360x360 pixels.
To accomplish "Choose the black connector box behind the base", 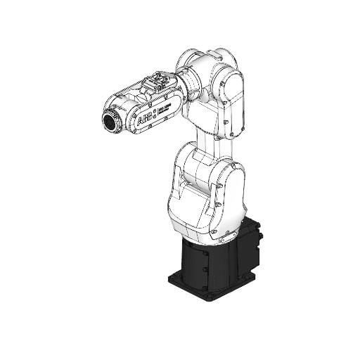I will tap(255, 243).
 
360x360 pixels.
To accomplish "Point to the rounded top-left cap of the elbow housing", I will tap(188, 58).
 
